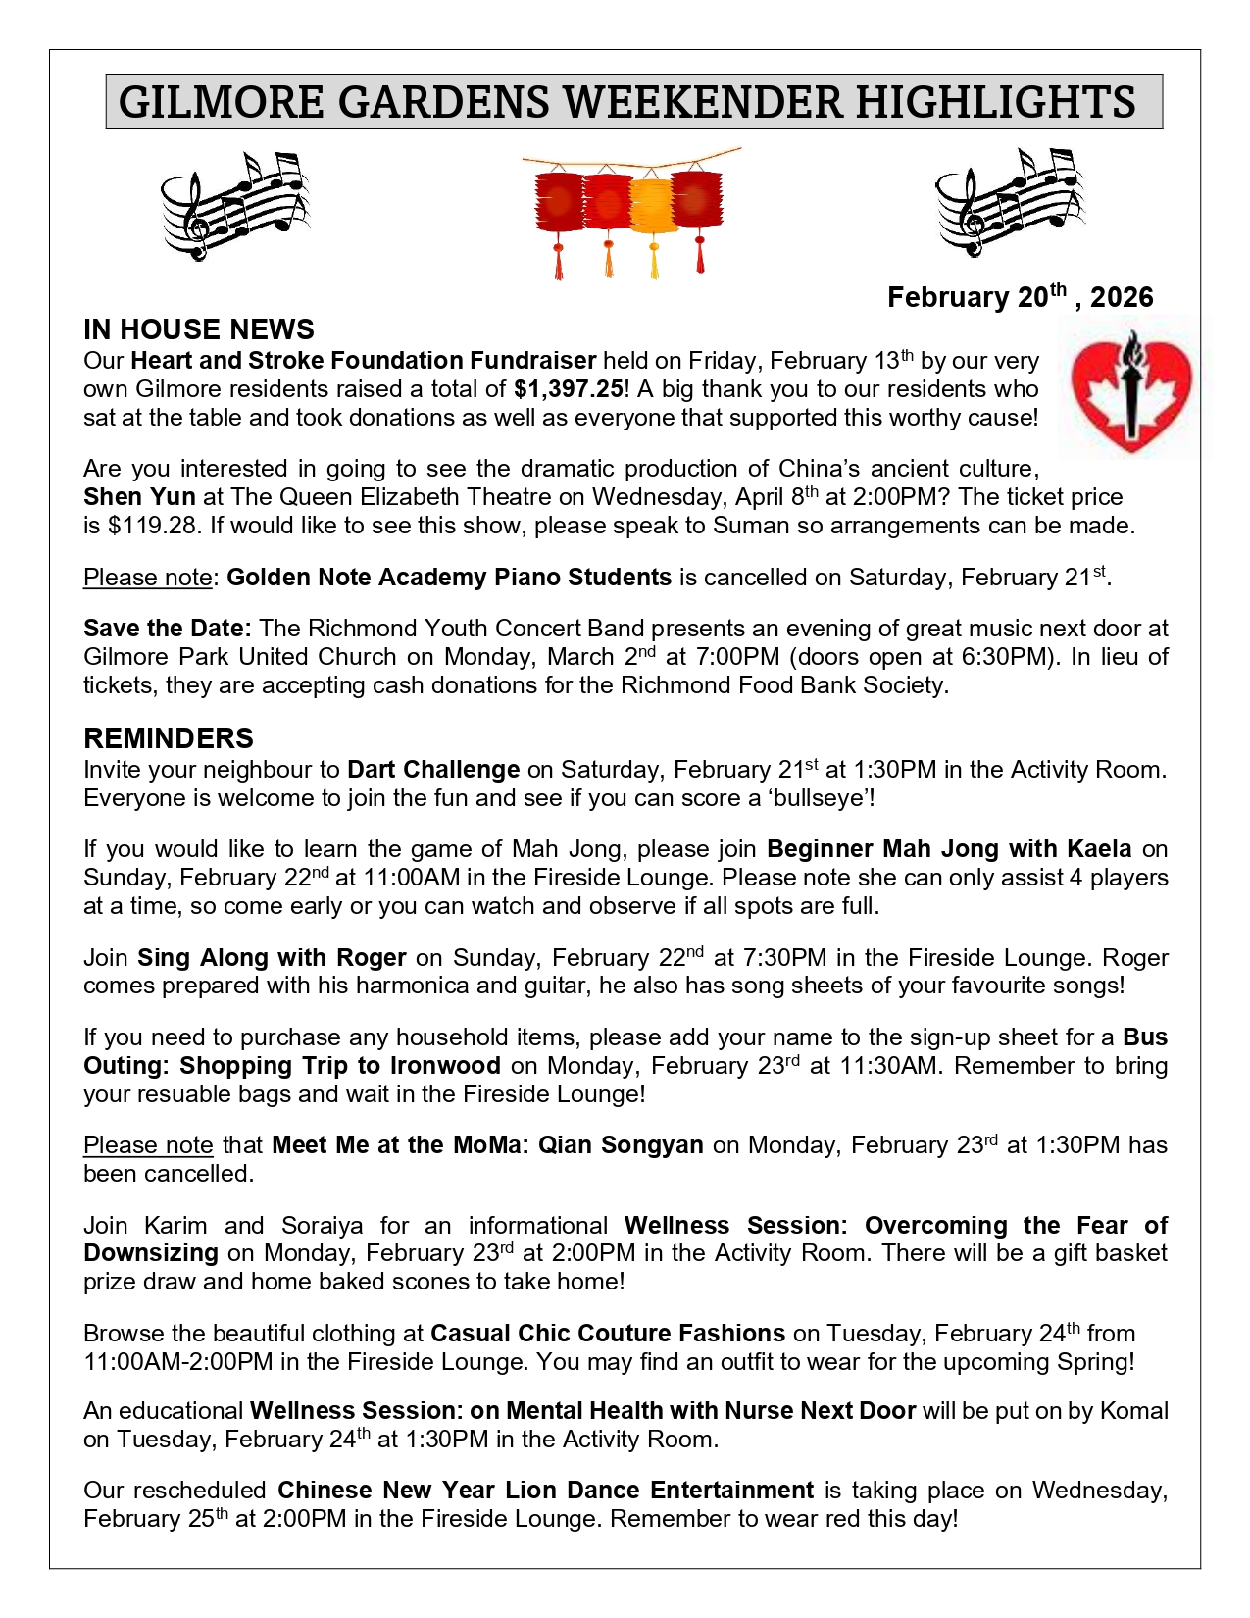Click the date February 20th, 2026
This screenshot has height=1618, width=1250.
coord(1020,297)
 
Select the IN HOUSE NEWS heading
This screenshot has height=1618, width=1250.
coord(199,329)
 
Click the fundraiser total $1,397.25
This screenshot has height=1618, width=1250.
coord(569,389)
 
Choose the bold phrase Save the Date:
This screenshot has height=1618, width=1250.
coord(168,629)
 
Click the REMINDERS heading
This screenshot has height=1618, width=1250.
coord(169,738)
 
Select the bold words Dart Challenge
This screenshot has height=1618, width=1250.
coord(433,770)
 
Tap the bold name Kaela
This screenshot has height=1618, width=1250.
coord(1099,849)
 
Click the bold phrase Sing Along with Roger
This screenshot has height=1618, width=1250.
coord(272,958)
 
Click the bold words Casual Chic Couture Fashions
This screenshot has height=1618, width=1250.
coord(608,1334)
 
